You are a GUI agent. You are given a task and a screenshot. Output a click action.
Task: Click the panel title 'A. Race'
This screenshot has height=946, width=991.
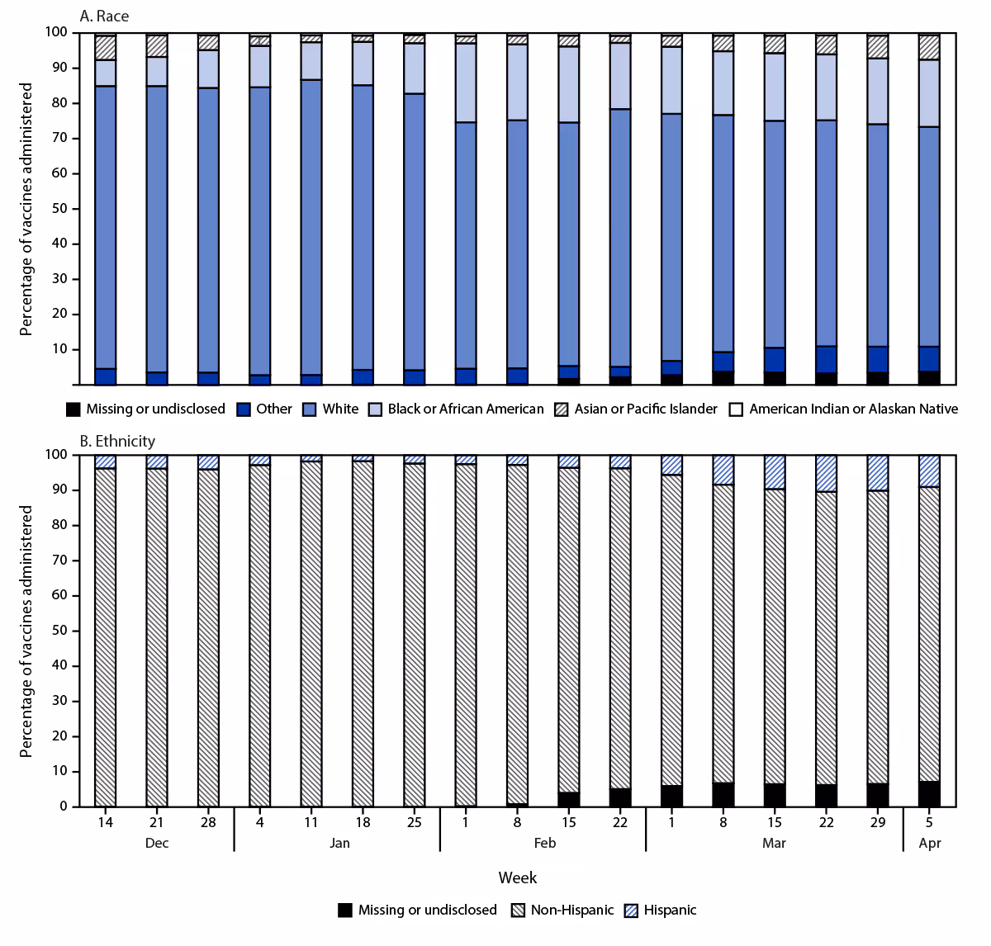point(103,16)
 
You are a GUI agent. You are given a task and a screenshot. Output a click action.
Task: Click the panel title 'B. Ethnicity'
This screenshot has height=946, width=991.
point(116,441)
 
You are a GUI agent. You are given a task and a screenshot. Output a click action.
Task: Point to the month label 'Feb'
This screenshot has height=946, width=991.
point(544,843)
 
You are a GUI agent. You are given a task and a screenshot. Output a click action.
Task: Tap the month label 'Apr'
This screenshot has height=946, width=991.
point(929,843)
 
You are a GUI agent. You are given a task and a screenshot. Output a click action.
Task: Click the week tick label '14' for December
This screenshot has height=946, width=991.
point(105,823)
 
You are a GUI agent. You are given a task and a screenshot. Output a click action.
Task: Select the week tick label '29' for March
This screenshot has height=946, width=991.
point(878,823)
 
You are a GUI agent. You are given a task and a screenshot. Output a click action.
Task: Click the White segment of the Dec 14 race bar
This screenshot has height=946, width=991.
point(105,227)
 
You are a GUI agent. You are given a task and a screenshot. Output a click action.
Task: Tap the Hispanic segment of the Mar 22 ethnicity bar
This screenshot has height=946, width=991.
point(826,473)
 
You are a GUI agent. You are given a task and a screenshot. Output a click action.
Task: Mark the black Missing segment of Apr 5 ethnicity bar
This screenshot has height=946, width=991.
point(929,794)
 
